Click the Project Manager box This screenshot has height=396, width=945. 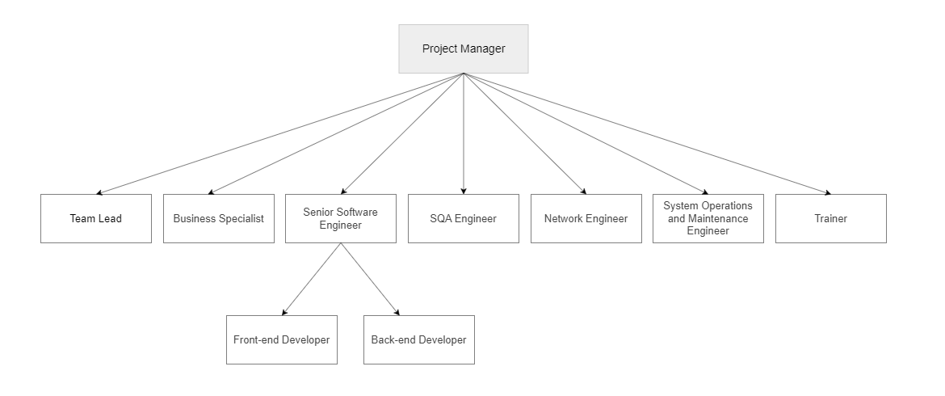tap(464, 48)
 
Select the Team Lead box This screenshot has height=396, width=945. tap(96, 219)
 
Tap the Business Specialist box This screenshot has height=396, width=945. tap(219, 219)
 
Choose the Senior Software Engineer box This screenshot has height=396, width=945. tap(341, 219)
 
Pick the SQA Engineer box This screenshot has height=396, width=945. tap(464, 219)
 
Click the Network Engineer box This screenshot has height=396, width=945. tap(586, 219)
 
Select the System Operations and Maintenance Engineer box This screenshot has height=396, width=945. tap(708, 219)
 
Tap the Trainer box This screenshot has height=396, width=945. tap(831, 219)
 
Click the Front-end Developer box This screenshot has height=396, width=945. tap(281, 340)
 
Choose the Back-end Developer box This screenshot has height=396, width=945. tap(419, 340)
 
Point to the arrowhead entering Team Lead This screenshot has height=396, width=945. tap(99, 192)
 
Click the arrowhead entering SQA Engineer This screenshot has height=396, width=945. tap(464, 191)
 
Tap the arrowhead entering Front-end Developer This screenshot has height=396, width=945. tap(283, 312)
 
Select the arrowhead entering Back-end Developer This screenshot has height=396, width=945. tap(397, 312)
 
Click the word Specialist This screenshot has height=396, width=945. tap(241, 219)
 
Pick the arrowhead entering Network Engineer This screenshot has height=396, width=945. tap(583, 192)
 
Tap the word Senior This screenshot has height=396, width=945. tap(317, 213)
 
